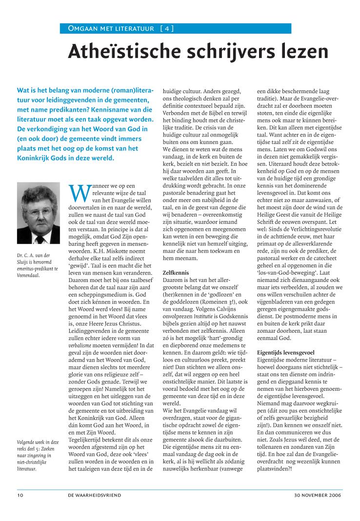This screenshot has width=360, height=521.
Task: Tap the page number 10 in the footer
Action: click(20, 495)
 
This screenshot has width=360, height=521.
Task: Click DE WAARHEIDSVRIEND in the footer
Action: click(95, 495)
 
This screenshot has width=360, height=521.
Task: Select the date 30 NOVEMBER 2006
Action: click(318, 495)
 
